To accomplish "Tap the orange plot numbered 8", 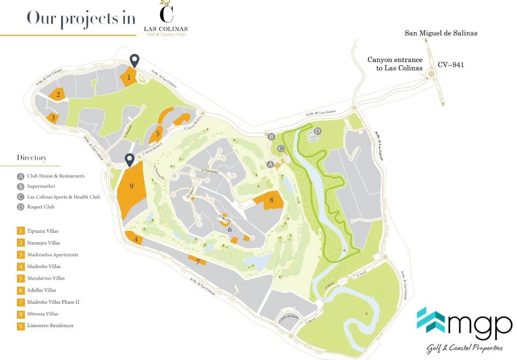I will pos(270,200).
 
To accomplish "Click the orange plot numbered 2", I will pos(58,94).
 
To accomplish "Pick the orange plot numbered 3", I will pos(53,117).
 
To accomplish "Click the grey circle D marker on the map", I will pos(317,131).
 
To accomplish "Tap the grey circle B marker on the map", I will pos(271,137).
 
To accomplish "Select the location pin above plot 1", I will pos(135,60).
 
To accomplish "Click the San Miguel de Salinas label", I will pos(441,33).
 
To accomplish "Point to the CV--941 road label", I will pos(451,65).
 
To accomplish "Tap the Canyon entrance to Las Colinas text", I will pos(395,64).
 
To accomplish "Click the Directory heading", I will pos(31,158).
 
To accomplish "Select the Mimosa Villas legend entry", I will pos(42,314).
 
